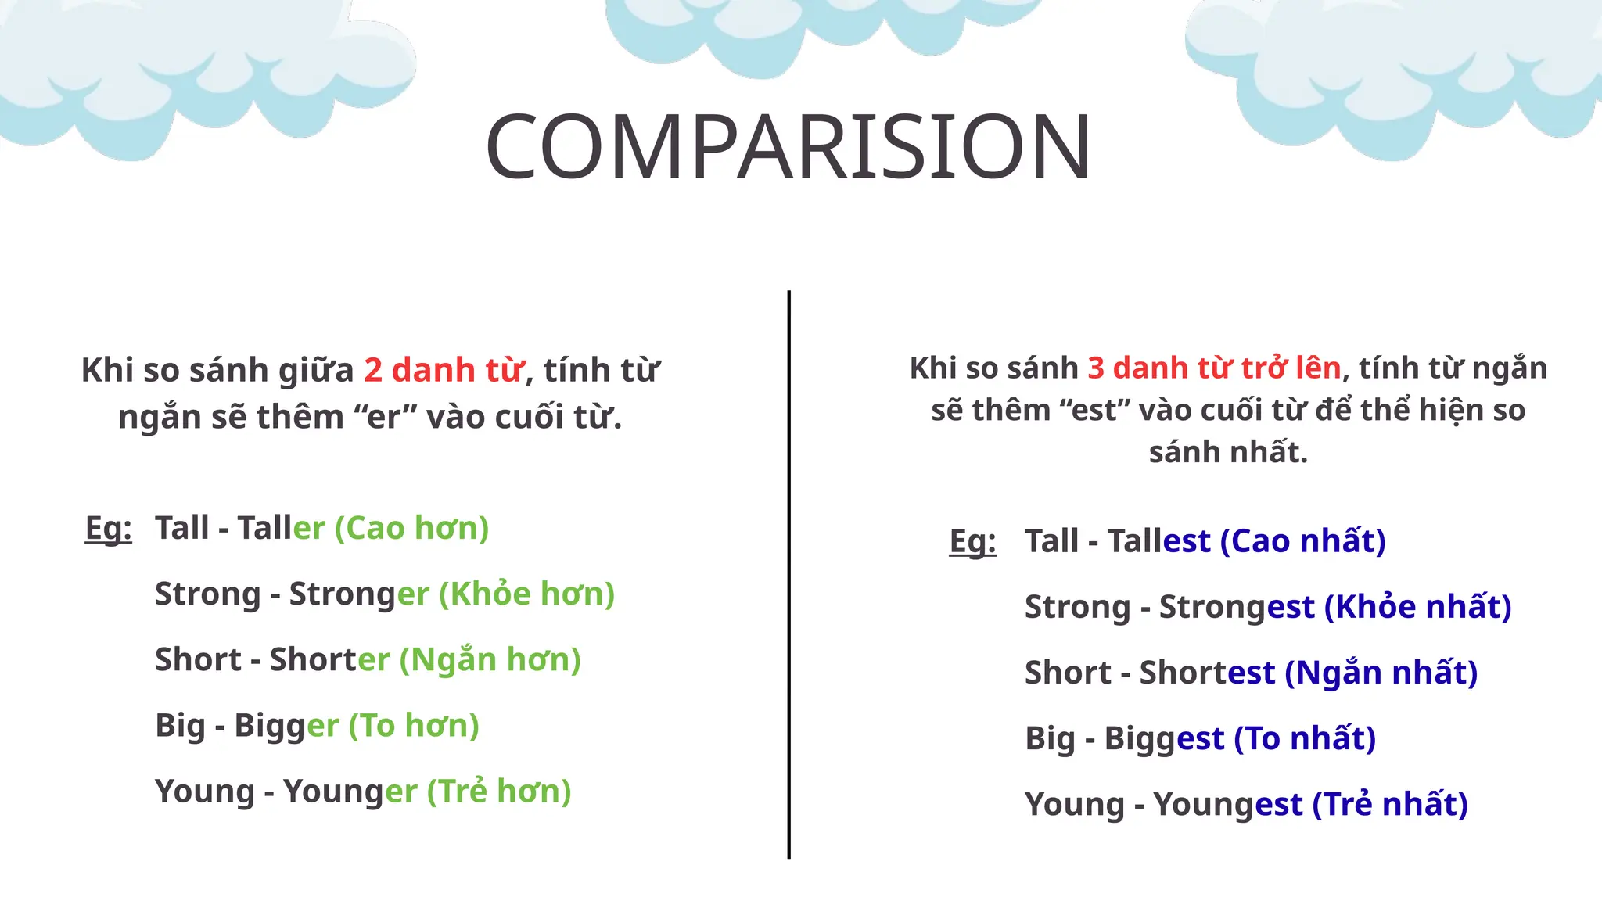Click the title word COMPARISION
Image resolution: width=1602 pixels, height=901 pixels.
pyautogui.click(x=787, y=147)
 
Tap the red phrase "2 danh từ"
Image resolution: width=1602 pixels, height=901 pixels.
pyautogui.click(x=444, y=370)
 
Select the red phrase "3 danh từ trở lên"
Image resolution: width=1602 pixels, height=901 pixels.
pyautogui.click(x=1214, y=368)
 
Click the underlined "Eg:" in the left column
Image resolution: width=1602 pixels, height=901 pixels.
pyautogui.click(x=109, y=529)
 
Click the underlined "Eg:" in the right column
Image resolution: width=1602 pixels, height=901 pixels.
pyautogui.click(x=972, y=541)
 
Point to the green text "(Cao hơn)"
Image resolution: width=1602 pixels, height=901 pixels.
pyautogui.click(x=411, y=528)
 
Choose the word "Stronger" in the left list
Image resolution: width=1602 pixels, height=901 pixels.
pyautogui.click(x=359, y=594)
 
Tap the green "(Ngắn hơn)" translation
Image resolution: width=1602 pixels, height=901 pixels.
pyautogui.click(x=490, y=659)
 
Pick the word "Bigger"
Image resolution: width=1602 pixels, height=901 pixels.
pyautogui.click(x=286, y=725)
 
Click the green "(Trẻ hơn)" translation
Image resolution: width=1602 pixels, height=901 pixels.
pyautogui.click(x=499, y=791)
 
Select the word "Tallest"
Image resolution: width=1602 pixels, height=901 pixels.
pyautogui.click(x=1158, y=541)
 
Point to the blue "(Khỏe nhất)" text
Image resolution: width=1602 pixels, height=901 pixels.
pyautogui.click(x=1417, y=607)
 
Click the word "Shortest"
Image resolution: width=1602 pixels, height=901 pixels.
pyautogui.click(x=1206, y=673)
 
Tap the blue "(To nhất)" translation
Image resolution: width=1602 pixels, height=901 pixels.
pyautogui.click(x=1305, y=738)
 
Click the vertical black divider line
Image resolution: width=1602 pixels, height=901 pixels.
pyautogui.click(x=788, y=575)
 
